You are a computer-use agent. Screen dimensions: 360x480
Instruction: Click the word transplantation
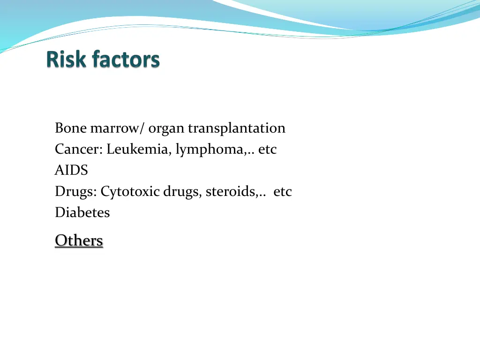(x=237, y=128)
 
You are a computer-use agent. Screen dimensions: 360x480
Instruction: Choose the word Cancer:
(x=79, y=149)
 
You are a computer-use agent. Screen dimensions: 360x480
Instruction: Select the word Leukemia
(x=139, y=149)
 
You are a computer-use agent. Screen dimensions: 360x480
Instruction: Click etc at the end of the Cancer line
(x=268, y=149)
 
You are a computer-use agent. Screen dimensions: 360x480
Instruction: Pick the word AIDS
(x=71, y=170)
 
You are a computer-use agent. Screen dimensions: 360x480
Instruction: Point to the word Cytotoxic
(x=130, y=192)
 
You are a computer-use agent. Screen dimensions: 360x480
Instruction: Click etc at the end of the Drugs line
(x=283, y=192)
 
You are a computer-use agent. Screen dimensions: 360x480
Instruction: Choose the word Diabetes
(x=82, y=213)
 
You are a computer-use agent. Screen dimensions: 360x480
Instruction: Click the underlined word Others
(x=79, y=240)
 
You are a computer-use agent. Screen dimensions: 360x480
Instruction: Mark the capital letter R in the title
(x=53, y=60)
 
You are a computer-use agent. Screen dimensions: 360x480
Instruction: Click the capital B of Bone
(x=59, y=128)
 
